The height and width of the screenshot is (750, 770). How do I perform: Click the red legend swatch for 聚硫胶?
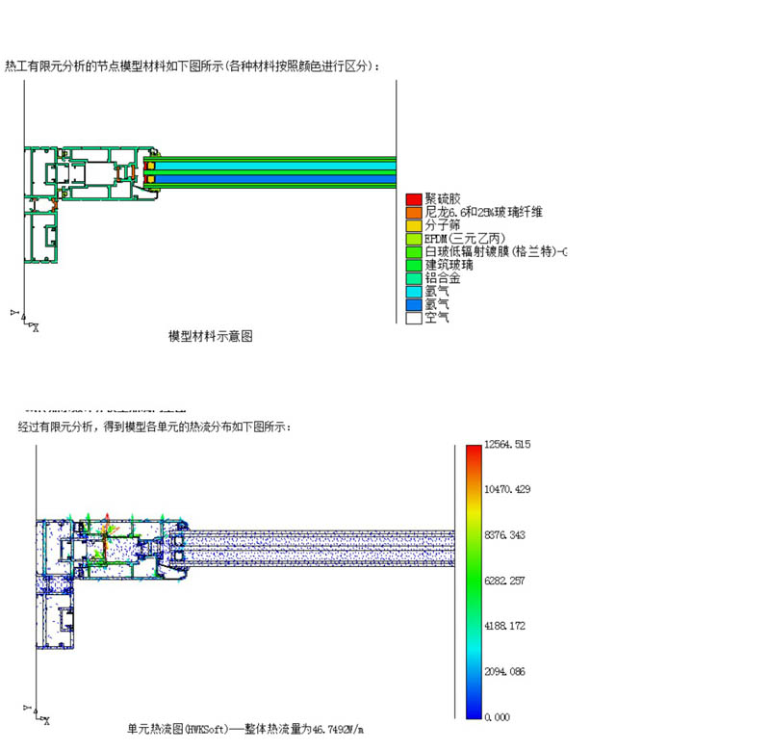[x=414, y=199]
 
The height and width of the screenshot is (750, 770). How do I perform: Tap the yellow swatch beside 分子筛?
[x=414, y=225]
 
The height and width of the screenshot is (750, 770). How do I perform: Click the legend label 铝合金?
[x=443, y=277]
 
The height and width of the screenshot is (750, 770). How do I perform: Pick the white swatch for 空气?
[x=414, y=317]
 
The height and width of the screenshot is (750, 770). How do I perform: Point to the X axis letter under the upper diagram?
[x=36, y=328]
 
